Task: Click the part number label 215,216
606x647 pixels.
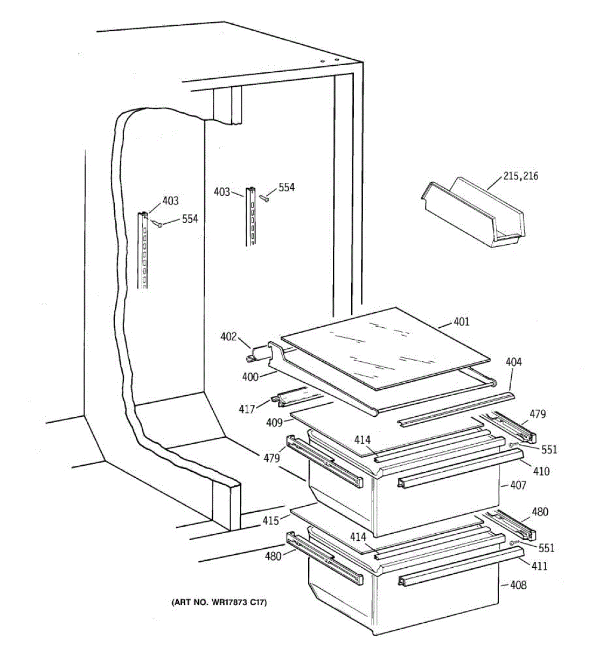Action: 520,176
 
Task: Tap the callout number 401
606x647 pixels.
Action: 461,322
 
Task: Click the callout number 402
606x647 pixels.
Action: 228,337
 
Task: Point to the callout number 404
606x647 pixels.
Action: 513,362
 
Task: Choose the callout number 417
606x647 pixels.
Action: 247,409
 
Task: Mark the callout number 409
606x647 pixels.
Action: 275,423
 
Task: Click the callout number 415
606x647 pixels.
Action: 271,520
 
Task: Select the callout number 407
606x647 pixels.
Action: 518,485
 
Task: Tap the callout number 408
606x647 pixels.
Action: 518,585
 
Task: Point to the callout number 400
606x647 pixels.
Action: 250,377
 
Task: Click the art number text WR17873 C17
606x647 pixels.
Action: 219,602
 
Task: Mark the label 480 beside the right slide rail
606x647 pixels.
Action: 540,512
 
